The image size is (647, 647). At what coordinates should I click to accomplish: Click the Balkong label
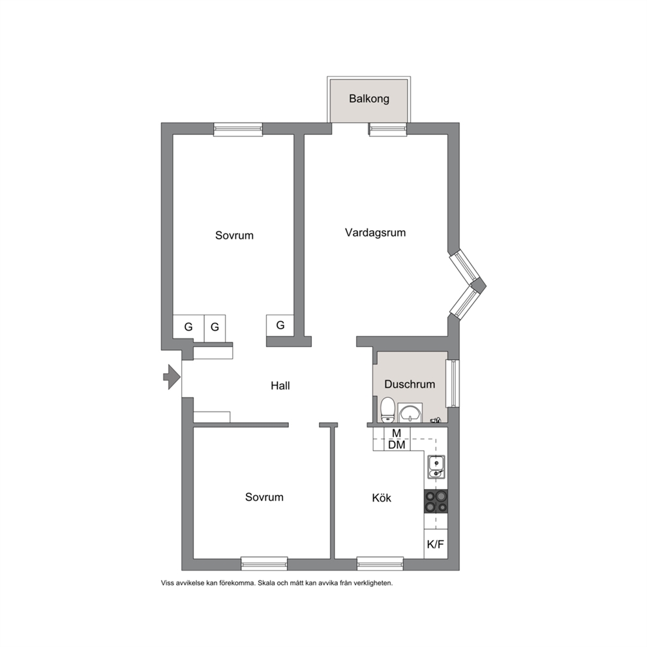coord(369,99)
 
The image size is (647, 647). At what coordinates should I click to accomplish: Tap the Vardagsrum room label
coord(376,233)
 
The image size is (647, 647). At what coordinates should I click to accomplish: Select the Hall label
coord(280,386)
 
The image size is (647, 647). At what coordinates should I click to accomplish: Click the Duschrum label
coord(410,384)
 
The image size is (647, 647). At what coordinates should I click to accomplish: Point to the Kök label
coord(382,498)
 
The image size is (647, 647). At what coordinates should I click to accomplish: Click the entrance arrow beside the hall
coord(172,377)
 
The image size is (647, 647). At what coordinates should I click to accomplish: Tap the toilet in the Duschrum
coord(388,410)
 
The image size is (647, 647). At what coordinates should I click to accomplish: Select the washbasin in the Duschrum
coord(410,413)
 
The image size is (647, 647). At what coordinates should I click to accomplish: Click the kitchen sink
coord(436,467)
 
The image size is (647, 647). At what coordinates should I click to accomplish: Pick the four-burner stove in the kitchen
coord(436,502)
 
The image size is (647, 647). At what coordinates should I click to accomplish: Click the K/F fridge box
coord(436,544)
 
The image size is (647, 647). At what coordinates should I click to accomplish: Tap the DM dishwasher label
coord(397,445)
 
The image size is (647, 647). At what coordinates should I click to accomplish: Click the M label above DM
coord(397,433)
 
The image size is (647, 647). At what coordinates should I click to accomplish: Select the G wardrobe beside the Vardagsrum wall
coord(280,325)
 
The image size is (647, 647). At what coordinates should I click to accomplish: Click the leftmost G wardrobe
coord(188,327)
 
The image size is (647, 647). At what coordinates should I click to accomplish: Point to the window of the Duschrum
coord(453,384)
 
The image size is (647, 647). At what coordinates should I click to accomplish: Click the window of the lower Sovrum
coord(264,564)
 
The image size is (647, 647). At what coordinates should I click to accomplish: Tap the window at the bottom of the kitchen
coord(380,564)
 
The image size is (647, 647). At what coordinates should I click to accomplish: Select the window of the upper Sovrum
coord(238,130)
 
